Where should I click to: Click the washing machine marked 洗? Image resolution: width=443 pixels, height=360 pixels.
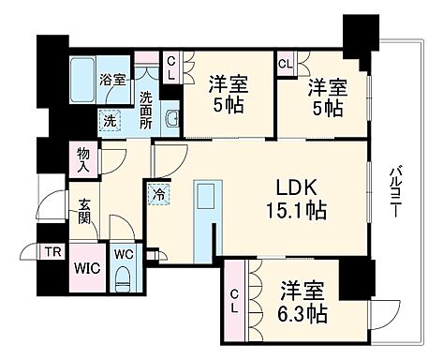click(x=110, y=120)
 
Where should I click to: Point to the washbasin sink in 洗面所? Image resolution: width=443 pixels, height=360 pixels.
click(x=172, y=119)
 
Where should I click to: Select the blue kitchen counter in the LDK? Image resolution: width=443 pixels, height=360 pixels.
click(x=204, y=217)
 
